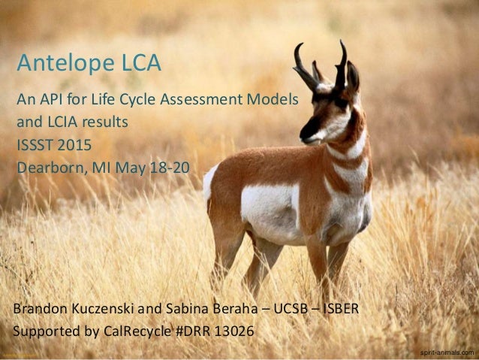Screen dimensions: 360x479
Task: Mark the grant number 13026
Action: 234,330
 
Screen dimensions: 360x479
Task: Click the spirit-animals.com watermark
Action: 447,352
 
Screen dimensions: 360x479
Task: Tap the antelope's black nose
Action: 304,134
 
